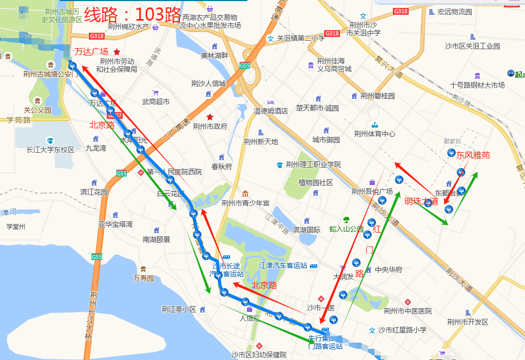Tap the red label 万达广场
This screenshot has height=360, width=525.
point(91,51)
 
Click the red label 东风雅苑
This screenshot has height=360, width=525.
point(473,155)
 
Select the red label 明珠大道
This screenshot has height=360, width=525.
point(421,201)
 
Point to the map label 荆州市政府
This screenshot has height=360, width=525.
point(210,126)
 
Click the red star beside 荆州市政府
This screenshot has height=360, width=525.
point(210,116)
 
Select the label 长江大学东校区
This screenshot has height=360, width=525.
point(50,150)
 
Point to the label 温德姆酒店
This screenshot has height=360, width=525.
point(271,111)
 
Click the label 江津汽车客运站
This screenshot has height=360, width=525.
point(283,265)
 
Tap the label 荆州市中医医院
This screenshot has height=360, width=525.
point(408,311)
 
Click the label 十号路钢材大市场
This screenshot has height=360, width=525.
point(477,85)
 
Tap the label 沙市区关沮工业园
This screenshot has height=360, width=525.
point(472,46)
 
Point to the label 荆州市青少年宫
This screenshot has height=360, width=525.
point(245,203)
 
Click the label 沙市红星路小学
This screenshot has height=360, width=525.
point(402,330)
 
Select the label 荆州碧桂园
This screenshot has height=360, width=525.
point(377,96)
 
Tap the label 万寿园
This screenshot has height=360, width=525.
point(143,278)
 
